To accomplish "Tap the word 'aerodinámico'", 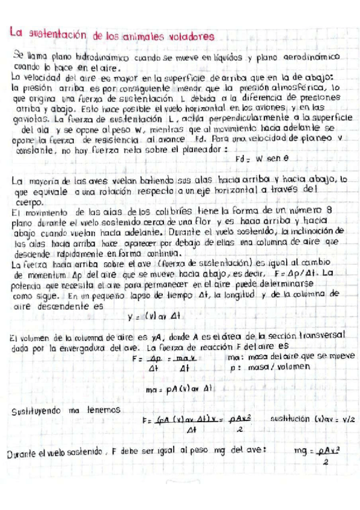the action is click(311, 56).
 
